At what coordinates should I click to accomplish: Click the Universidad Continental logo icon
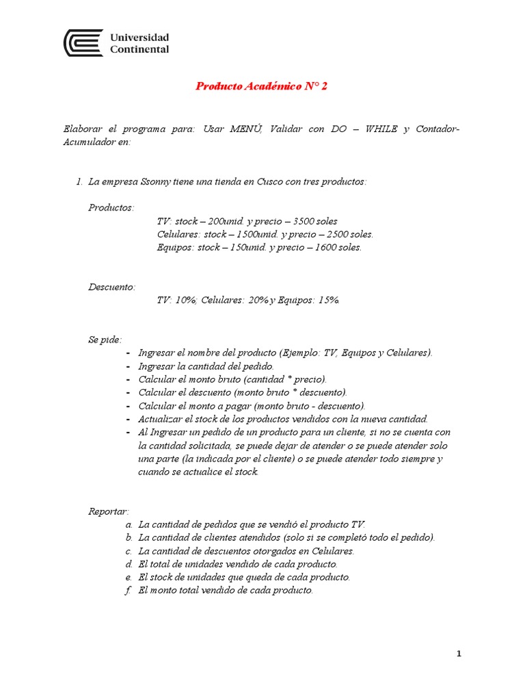click(83, 42)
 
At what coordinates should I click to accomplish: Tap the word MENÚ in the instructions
click(245, 129)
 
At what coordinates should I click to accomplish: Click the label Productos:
click(111, 207)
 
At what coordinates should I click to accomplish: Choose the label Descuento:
click(112, 286)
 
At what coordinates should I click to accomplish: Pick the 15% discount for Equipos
click(327, 299)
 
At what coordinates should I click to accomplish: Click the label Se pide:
click(105, 339)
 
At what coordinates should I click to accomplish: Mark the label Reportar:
click(109, 511)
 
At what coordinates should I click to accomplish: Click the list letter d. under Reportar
click(129, 564)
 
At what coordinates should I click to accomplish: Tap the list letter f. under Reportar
click(129, 590)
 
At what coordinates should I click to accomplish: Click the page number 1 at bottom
click(459, 654)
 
